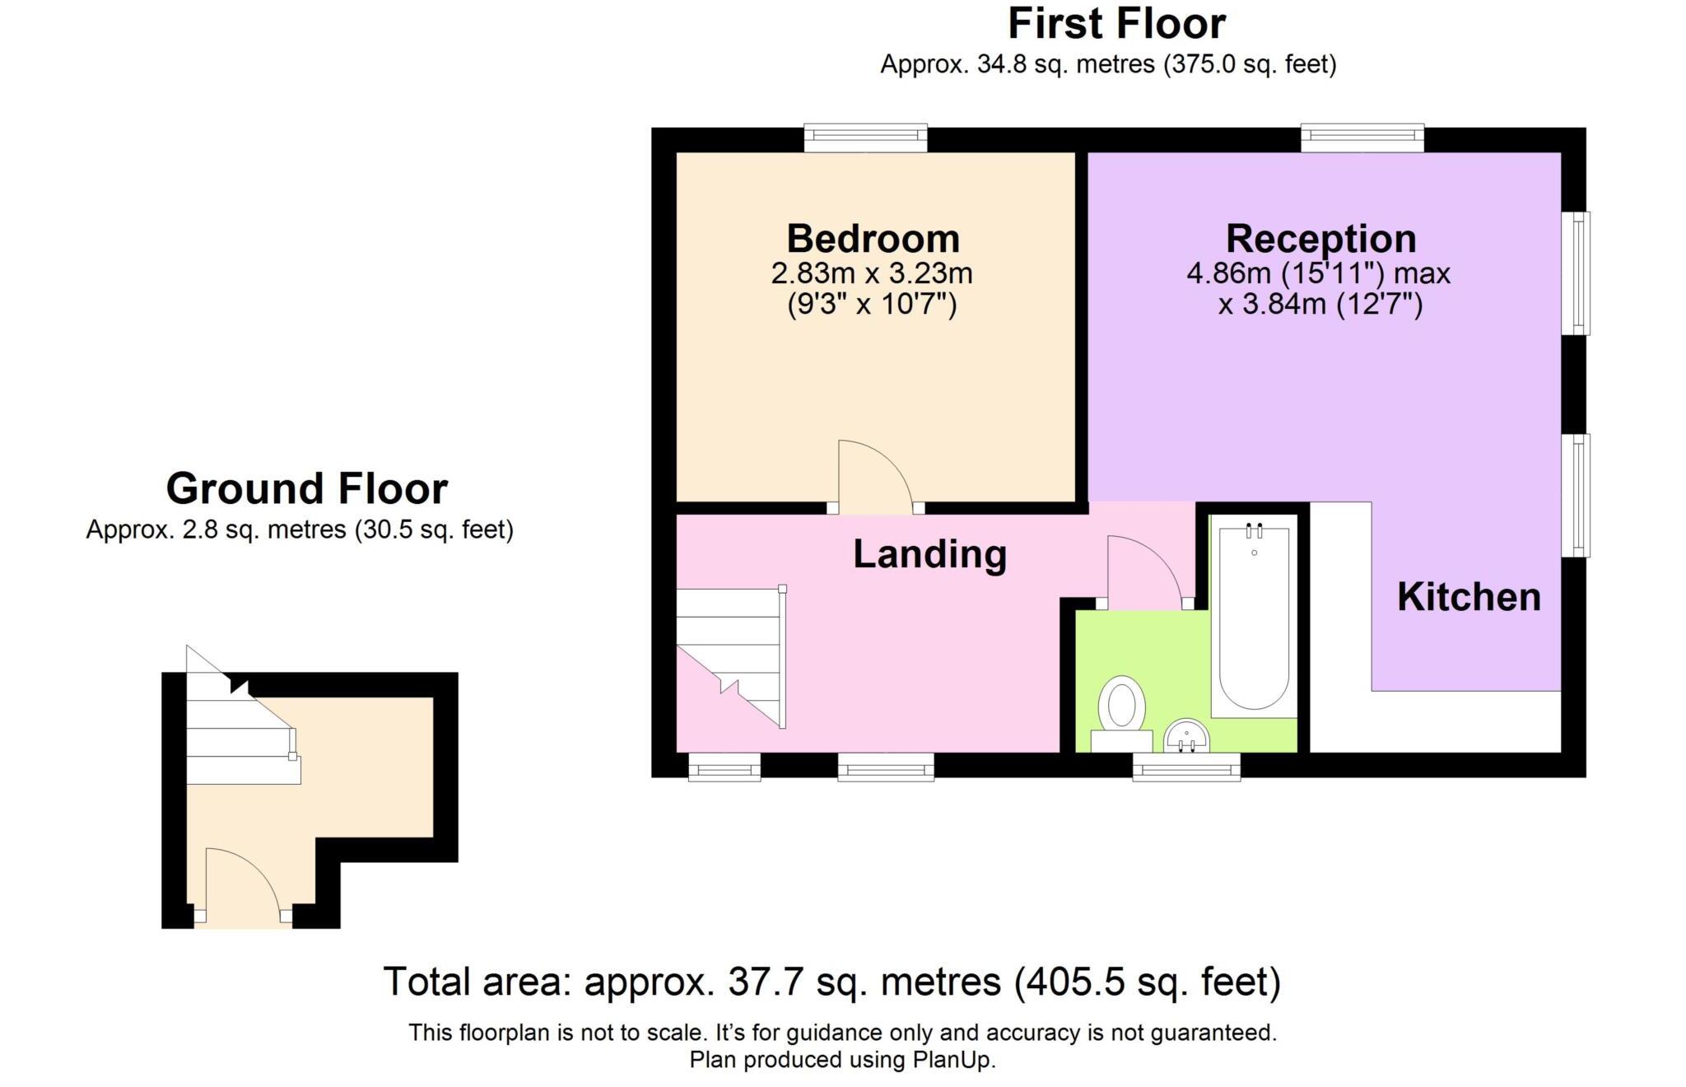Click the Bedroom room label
tap(873, 239)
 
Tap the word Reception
tap(1320, 239)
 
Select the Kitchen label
tap(1469, 597)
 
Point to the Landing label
tap(929, 554)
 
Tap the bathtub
tap(1254, 617)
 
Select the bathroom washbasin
tap(1187, 735)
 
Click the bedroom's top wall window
tap(865, 138)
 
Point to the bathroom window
tap(1186, 767)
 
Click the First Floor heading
tap(1116, 23)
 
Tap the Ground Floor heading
tap(307, 488)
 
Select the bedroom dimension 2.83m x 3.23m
tap(872, 273)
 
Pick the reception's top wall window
tap(1362, 138)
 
